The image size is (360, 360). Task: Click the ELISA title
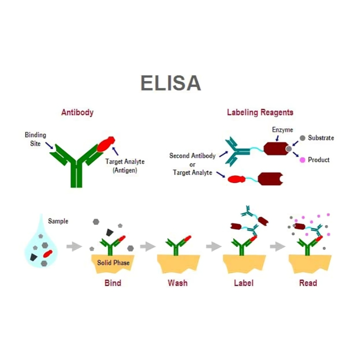click(170, 83)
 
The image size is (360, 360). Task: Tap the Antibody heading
click(77, 112)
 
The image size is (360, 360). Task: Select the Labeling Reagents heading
click(260, 112)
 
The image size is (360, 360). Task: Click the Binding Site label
click(35, 139)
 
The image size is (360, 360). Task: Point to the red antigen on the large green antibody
click(106, 144)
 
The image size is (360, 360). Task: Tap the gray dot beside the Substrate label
click(303, 138)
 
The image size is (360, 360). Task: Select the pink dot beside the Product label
click(303, 160)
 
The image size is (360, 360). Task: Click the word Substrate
click(321, 138)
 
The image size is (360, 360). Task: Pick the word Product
click(319, 160)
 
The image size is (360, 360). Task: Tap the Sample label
click(58, 221)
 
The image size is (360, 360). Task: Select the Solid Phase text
click(113, 262)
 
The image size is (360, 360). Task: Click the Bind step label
click(113, 283)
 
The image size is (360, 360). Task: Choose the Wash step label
click(177, 283)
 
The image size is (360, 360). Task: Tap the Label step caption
click(243, 283)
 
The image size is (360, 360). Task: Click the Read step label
click(308, 283)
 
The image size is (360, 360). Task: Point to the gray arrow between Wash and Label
click(213, 247)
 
